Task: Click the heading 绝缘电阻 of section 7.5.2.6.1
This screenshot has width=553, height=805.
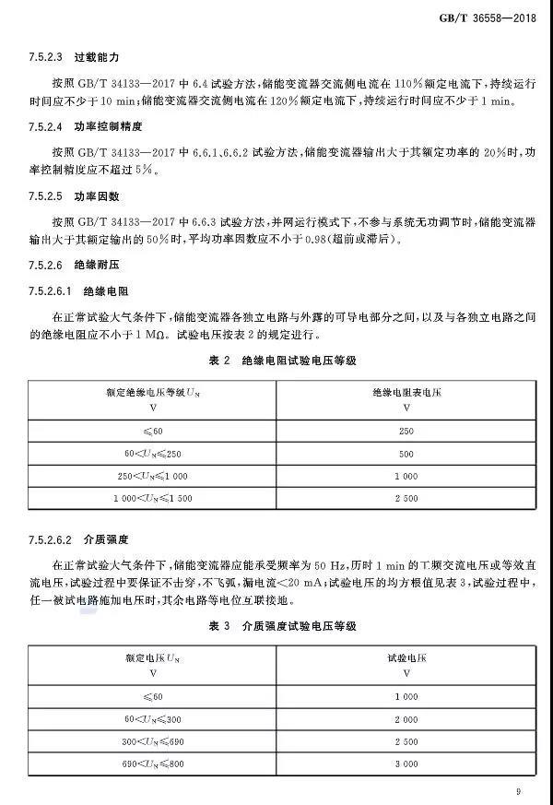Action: coord(101,291)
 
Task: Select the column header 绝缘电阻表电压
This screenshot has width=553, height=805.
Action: coord(406,392)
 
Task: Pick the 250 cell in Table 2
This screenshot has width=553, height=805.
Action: coord(406,431)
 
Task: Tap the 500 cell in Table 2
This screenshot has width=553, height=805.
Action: coord(406,454)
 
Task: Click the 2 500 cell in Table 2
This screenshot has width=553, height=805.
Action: coord(406,498)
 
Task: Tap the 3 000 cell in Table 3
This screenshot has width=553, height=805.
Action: coord(406,764)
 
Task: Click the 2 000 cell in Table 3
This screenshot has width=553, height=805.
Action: coord(406,719)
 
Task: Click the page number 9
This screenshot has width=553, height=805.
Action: coord(519,791)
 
